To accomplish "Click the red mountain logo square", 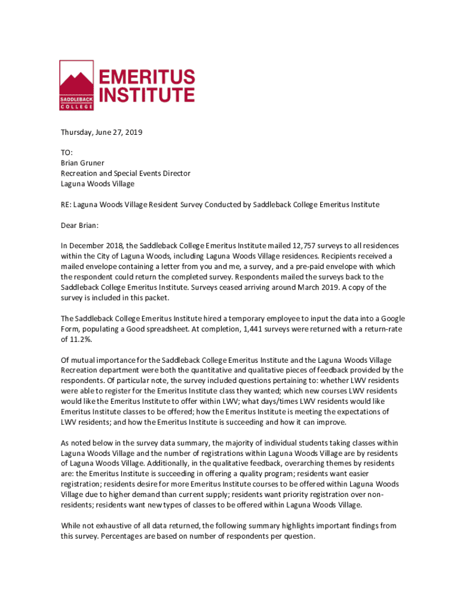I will pos(76,85).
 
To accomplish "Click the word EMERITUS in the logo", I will pos(146,77).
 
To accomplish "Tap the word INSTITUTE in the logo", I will pos(146,95).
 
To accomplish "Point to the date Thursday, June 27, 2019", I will pos(102,132).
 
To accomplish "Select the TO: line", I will pos(67,153).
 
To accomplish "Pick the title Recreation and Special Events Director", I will pos(125,173).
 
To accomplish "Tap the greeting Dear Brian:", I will pos(79,226).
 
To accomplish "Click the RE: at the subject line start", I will pos(67,205).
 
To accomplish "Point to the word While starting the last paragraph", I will pos(71,526).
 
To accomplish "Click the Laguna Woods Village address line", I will pos(97,184).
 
